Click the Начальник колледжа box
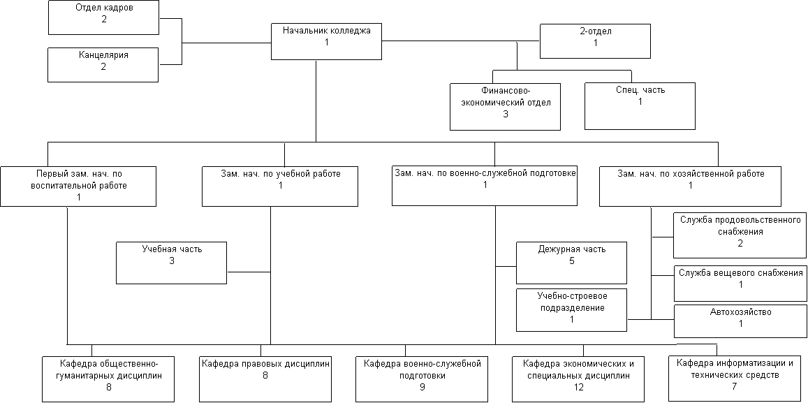pyautogui.click(x=327, y=41)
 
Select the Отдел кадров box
pyautogui.click(x=103, y=18)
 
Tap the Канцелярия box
pyautogui.click(x=103, y=64)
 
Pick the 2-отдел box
pyautogui.click(x=595, y=41)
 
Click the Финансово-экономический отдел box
pyautogui.click(x=505, y=107)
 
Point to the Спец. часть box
pyautogui.click(x=640, y=106)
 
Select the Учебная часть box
pyautogui.click(x=172, y=263)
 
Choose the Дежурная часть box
pyautogui.click(x=571, y=263)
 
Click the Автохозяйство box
pyautogui.click(x=740, y=321)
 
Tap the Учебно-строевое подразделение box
pyautogui.click(x=571, y=309)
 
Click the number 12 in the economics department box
pyautogui.click(x=578, y=387)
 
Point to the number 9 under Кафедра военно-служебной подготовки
pyautogui.click(x=422, y=387)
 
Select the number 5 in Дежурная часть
pyautogui.click(x=571, y=261)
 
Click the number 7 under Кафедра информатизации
pyautogui.click(x=735, y=386)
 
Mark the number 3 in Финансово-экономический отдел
pyautogui.click(x=506, y=114)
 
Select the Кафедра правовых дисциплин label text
pyautogui.click(x=265, y=364)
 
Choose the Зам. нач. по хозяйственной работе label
pyautogui.click(x=691, y=174)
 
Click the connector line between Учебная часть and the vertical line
pyautogui.click(x=249, y=272)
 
